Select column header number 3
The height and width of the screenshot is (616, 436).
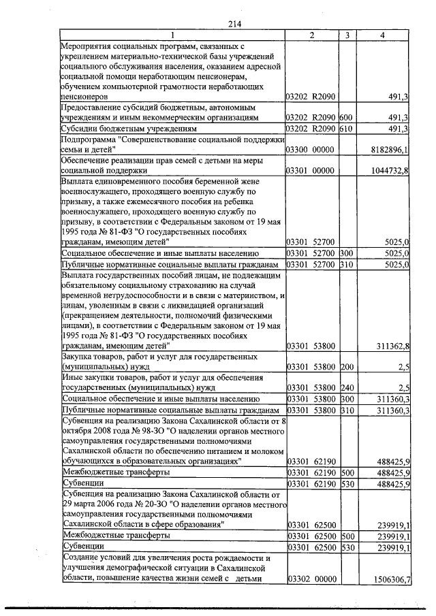[x=347, y=35]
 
